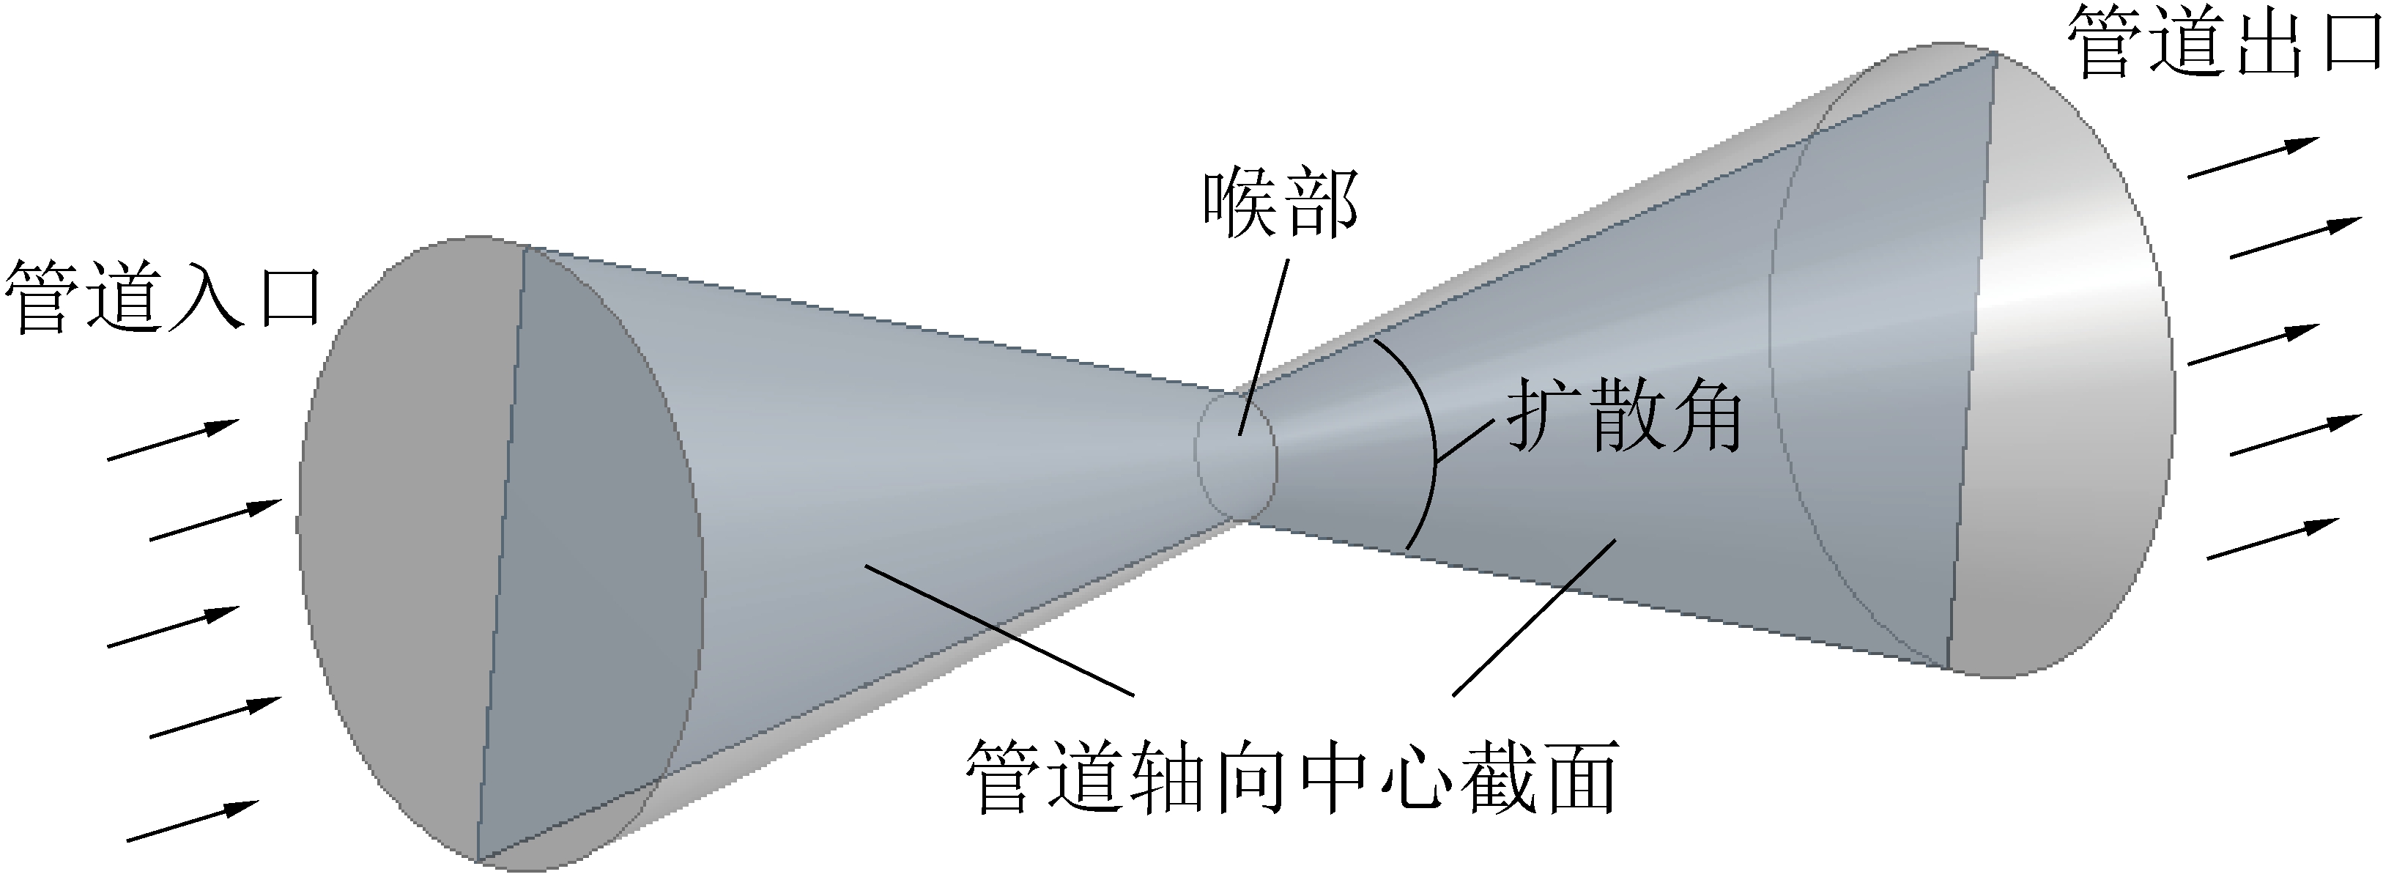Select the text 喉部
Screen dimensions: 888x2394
[1281, 204]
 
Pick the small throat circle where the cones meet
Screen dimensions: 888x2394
[1236, 456]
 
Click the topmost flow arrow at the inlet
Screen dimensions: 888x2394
[174, 439]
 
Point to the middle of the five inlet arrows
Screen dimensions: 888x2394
[174, 626]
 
